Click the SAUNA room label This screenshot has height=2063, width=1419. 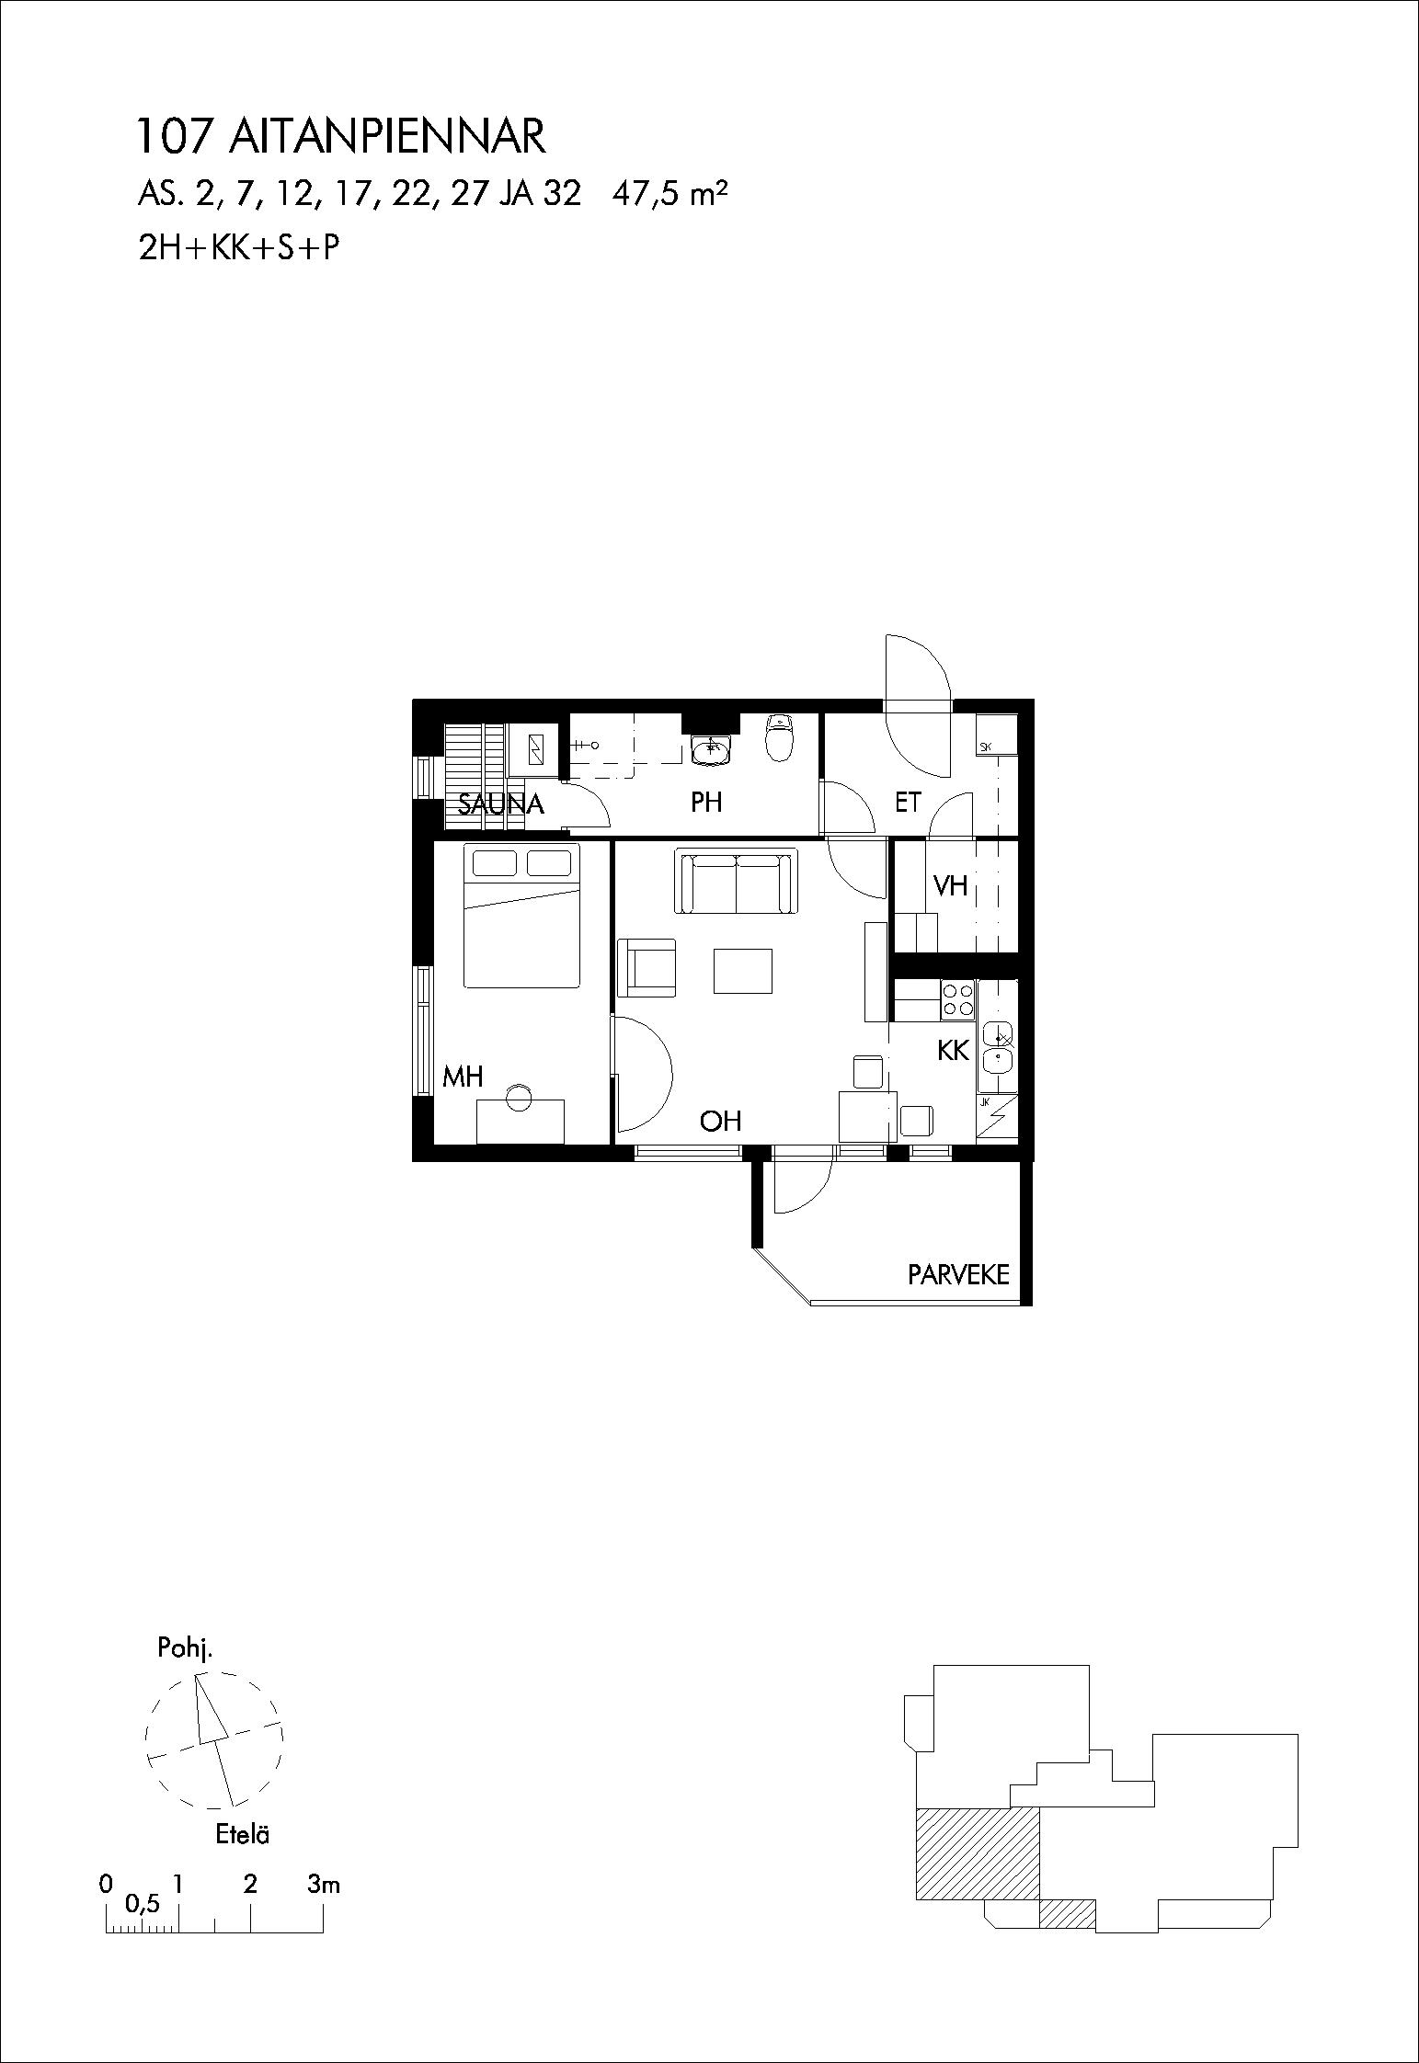(501, 804)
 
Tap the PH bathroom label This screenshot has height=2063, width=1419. (706, 803)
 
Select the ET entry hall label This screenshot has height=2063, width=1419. (908, 803)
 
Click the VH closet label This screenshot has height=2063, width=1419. (951, 885)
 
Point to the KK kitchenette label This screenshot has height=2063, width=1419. (954, 1050)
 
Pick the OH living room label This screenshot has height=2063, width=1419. (720, 1121)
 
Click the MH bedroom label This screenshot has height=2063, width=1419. (463, 1077)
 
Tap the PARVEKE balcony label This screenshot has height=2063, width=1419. (958, 1274)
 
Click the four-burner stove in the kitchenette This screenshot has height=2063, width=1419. (957, 999)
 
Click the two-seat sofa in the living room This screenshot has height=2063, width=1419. (736, 881)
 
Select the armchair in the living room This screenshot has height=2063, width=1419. (647, 967)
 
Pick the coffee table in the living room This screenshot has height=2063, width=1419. (743, 971)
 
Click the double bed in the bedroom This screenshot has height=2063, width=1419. (522, 916)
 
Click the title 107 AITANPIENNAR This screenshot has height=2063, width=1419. (341, 136)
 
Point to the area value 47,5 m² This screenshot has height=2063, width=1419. (670, 195)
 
